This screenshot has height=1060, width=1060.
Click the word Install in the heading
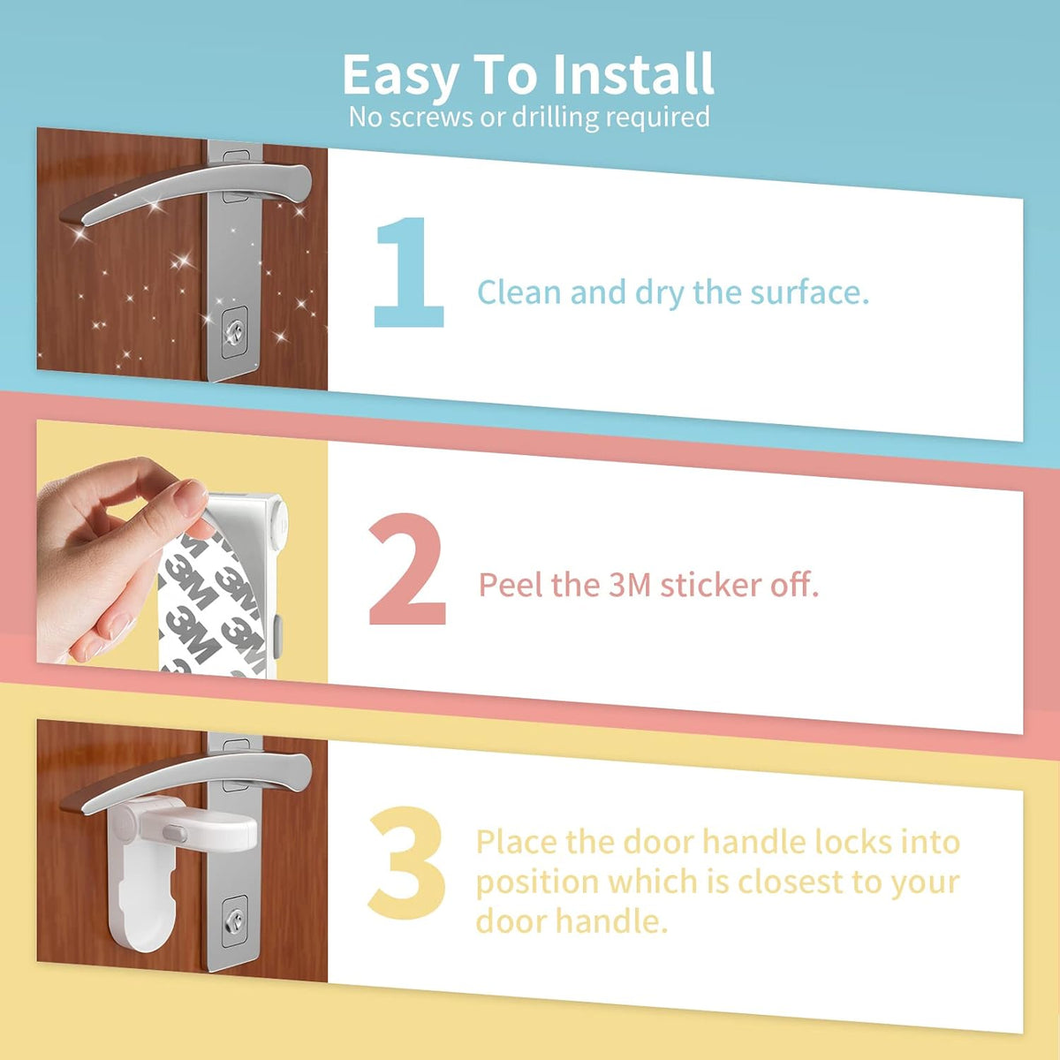point(632,74)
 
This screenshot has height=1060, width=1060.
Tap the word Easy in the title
point(400,77)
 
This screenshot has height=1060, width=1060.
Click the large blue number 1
point(409,272)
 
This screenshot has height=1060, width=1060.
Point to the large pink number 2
point(406,569)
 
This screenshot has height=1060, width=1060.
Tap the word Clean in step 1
point(519,291)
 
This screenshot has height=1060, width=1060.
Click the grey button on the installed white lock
point(174,833)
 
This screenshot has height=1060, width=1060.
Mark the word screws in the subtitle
point(431,117)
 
